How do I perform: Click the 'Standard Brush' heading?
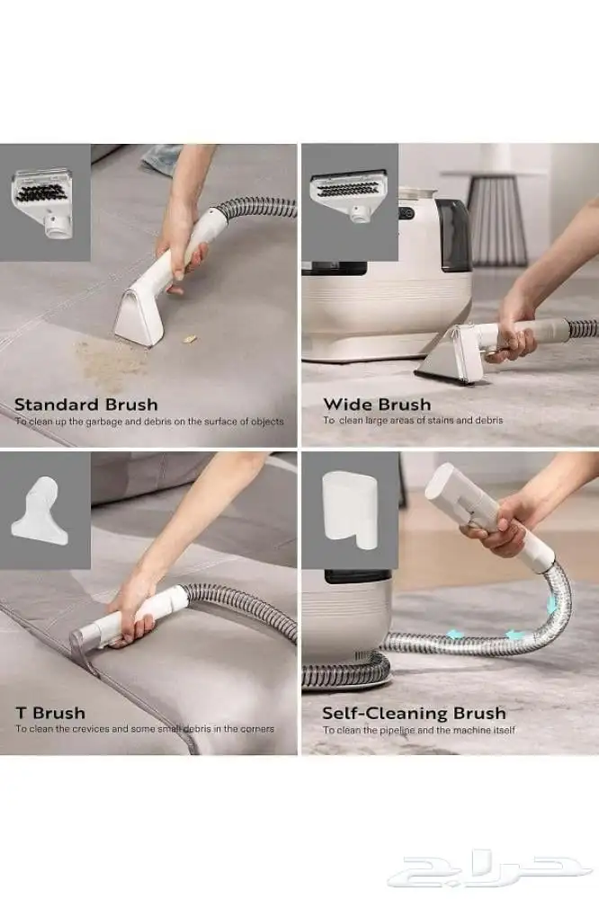[x=86, y=405]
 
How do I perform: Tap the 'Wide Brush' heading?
[x=377, y=405]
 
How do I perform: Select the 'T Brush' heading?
[x=50, y=713]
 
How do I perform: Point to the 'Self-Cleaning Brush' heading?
[x=415, y=713]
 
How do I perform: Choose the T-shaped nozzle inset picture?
[x=42, y=511]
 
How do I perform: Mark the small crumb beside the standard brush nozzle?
[x=189, y=339]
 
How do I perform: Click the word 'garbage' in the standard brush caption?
[x=103, y=422]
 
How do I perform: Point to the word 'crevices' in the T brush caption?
[x=90, y=729]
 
